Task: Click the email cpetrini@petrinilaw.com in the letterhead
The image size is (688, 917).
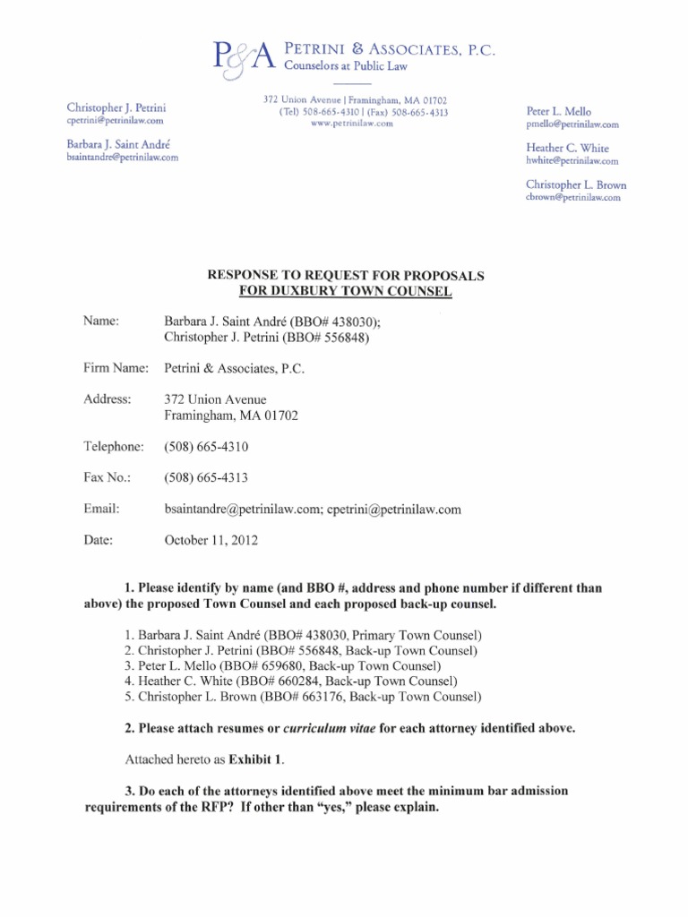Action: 115,120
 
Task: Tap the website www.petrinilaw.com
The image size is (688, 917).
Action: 352,124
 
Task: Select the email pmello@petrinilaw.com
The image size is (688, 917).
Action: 572,125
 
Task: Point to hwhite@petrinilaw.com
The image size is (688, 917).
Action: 572,161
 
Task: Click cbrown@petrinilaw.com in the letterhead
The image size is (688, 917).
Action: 572,198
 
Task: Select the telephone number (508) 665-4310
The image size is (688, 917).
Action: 205,447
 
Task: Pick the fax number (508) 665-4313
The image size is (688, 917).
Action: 205,478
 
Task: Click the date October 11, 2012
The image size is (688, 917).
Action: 210,540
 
